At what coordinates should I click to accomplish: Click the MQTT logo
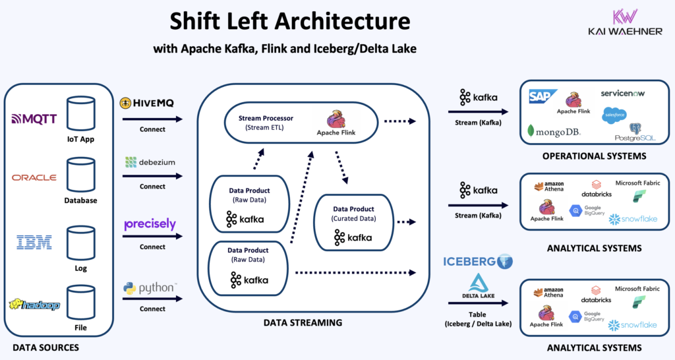point(34,119)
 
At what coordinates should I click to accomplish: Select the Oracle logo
point(34,177)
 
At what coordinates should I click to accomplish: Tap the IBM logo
point(34,242)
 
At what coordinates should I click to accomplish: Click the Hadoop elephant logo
point(34,305)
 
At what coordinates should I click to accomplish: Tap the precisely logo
point(150,224)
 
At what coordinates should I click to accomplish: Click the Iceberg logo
point(478,261)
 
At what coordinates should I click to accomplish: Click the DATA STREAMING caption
point(303,322)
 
